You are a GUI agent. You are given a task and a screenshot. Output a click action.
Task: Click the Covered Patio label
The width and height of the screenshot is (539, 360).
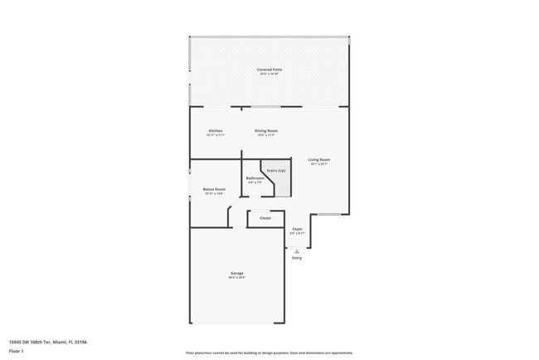(269, 70)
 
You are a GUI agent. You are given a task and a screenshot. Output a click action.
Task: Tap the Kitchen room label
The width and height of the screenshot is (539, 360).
(216, 130)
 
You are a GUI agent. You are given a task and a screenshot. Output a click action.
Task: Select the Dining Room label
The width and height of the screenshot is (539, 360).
(266, 130)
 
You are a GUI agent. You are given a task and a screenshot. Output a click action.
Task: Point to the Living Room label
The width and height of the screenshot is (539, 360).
(319, 159)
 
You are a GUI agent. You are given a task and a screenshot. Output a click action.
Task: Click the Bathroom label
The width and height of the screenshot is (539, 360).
(255, 178)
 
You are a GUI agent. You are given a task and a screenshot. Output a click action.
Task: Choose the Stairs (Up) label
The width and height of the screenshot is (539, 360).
(276, 171)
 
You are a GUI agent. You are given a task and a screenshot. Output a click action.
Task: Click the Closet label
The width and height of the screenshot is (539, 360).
(265, 218)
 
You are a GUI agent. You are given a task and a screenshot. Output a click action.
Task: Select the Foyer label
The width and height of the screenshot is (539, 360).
(297, 229)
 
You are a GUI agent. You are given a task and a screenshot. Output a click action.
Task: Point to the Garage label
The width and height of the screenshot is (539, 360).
(237, 273)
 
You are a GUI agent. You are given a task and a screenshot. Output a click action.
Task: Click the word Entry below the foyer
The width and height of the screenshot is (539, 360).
(297, 258)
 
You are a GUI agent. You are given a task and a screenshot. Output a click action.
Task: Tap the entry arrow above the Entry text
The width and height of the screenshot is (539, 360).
(297, 250)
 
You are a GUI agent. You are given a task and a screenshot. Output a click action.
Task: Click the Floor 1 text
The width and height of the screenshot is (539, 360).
(17, 351)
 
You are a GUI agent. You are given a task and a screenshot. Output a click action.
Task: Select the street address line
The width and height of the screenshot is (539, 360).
(48, 342)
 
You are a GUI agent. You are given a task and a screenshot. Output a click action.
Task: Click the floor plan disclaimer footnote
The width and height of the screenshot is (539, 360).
(269, 353)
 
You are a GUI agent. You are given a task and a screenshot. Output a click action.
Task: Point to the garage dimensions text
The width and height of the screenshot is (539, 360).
(237, 278)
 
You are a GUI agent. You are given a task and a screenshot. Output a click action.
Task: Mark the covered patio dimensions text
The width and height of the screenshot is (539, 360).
(269, 75)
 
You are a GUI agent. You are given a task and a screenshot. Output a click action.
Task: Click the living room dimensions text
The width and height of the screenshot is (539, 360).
(319, 164)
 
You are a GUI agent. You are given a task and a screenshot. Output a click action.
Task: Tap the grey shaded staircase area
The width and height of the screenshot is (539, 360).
(282, 184)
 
